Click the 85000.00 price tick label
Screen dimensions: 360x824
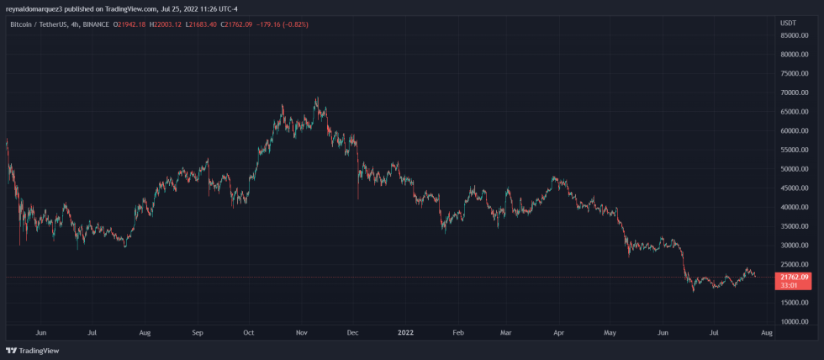click(794, 35)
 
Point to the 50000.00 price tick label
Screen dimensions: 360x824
click(794, 169)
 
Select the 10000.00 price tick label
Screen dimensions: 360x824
click(794, 321)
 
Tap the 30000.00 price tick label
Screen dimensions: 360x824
click(794, 246)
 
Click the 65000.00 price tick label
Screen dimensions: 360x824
click(794, 112)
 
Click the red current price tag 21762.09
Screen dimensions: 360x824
click(795, 277)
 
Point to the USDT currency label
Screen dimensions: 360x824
click(788, 23)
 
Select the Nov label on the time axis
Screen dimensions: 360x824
click(301, 333)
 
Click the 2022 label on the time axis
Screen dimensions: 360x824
click(405, 333)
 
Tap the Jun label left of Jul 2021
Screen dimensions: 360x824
click(41, 333)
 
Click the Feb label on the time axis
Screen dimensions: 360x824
click(457, 333)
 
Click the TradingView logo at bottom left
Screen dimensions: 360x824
click(27, 351)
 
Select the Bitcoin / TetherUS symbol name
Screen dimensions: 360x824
click(38, 23)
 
